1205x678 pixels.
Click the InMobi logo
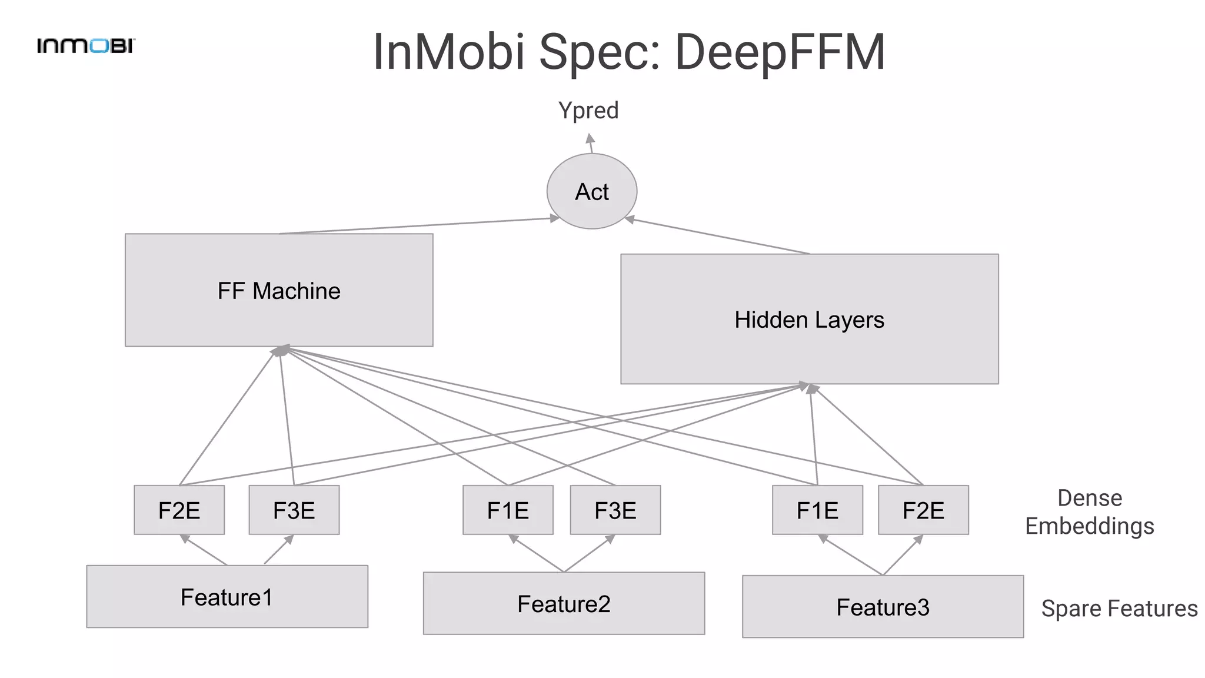(x=86, y=46)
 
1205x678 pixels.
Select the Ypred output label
(x=588, y=111)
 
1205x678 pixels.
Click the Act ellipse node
(x=592, y=191)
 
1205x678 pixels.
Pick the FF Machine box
(x=279, y=290)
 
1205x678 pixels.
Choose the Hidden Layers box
(x=809, y=319)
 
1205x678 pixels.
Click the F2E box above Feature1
(x=179, y=510)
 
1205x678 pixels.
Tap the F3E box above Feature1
(x=294, y=510)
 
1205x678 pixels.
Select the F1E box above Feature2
(x=508, y=510)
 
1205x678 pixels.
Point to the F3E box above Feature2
(x=615, y=510)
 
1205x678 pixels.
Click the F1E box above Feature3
(x=817, y=510)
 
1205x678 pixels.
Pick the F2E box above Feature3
(x=923, y=510)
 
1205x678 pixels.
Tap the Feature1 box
(x=227, y=597)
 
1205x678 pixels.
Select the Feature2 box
(x=564, y=603)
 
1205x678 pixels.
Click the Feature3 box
(x=883, y=607)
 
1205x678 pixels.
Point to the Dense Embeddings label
(x=1090, y=512)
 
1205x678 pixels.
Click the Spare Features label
(x=1119, y=609)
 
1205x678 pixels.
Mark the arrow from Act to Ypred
(x=591, y=144)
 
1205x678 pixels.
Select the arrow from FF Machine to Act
(x=418, y=226)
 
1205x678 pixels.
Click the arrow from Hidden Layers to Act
(x=718, y=236)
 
